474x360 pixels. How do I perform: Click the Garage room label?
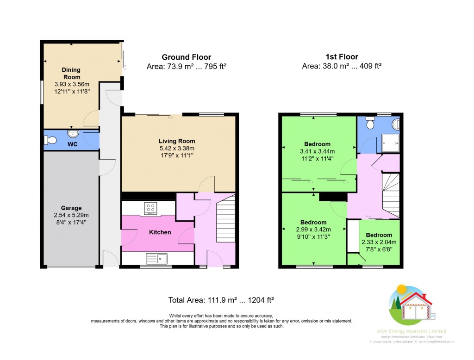tap(71, 208)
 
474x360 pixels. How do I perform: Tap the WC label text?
tap(72, 145)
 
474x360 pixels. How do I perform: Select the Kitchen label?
tap(160, 232)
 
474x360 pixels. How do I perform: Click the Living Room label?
tap(177, 141)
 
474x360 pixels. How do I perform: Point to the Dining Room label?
tap(71, 74)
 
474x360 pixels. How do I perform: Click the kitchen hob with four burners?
tap(150, 209)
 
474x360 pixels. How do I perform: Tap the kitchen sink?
tap(156, 258)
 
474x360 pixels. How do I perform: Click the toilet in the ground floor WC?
tap(50, 140)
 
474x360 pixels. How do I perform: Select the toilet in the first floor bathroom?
tap(370, 123)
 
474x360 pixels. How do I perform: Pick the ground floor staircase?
tap(226, 217)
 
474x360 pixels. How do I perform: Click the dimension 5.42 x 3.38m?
tap(177, 149)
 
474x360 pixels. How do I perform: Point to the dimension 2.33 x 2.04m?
tap(379, 242)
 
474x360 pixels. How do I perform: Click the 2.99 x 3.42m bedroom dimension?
tap(313, 230)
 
